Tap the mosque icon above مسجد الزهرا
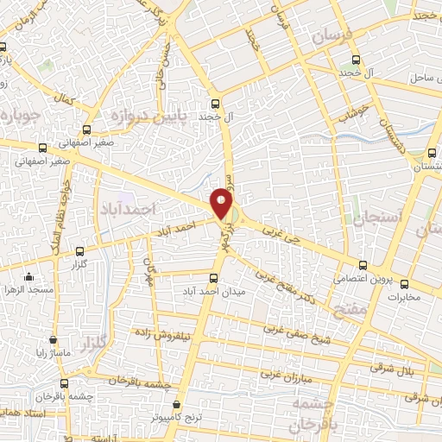pos(29,277)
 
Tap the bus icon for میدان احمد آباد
pos(214,277)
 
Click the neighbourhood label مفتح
pos(377,306)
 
